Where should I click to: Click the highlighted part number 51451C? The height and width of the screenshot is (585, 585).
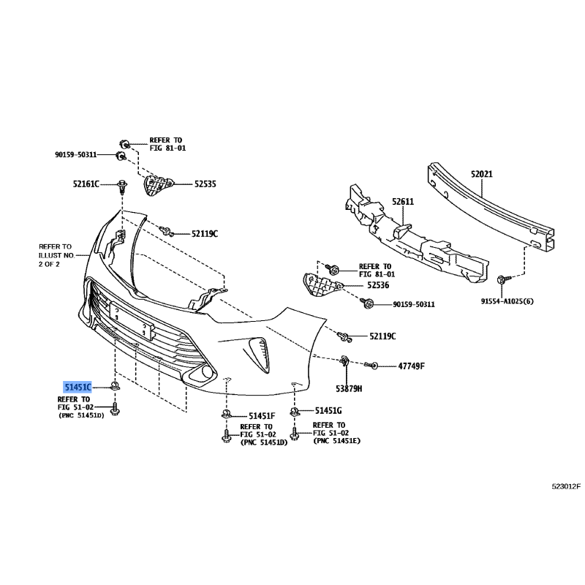pyautogui.click(x=78, y=388)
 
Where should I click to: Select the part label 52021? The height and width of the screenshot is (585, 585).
pyautogui.click(x=481, y=174)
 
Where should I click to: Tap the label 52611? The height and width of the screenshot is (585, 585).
pyautogui.click(x=403, y=202)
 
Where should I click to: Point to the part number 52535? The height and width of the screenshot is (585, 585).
pyautogui.click(x=205, y=184)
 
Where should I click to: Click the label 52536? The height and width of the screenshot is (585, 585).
pyautogui.click(x=378, y=285)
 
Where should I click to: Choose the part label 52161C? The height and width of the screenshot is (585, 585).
pyautogui.click(x=86, y=184)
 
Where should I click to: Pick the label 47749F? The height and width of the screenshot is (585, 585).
pyautogui.click(x=411, y=366)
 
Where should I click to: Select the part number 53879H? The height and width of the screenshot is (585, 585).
pyautogui.click(x=349, y=389)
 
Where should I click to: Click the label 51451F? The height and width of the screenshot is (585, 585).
pyautogui.click(x=262, y=415)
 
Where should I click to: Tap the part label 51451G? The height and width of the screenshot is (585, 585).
pyautogui.click(x=328, y=411)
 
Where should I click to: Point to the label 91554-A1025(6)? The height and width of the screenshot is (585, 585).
pyautogui.click(x=507, y=301)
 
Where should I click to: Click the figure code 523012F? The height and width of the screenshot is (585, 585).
pyautogui.click(x=566, y=486)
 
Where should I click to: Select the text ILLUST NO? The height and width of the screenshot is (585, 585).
pyautogui.click(x=57, y=255)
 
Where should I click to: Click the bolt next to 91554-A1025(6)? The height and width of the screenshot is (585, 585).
pyautogui.click(x=502, y=280)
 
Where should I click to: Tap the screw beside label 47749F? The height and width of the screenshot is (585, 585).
pyautogui.click(x=371, y=365)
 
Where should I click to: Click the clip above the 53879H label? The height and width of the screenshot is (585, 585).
pyautogui.click(x=344, y=361)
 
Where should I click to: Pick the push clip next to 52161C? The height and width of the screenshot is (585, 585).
pyautogui.click(x=122, y=186)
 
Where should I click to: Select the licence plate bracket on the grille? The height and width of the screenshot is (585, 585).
pyautogui.click(x=132, y=320)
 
